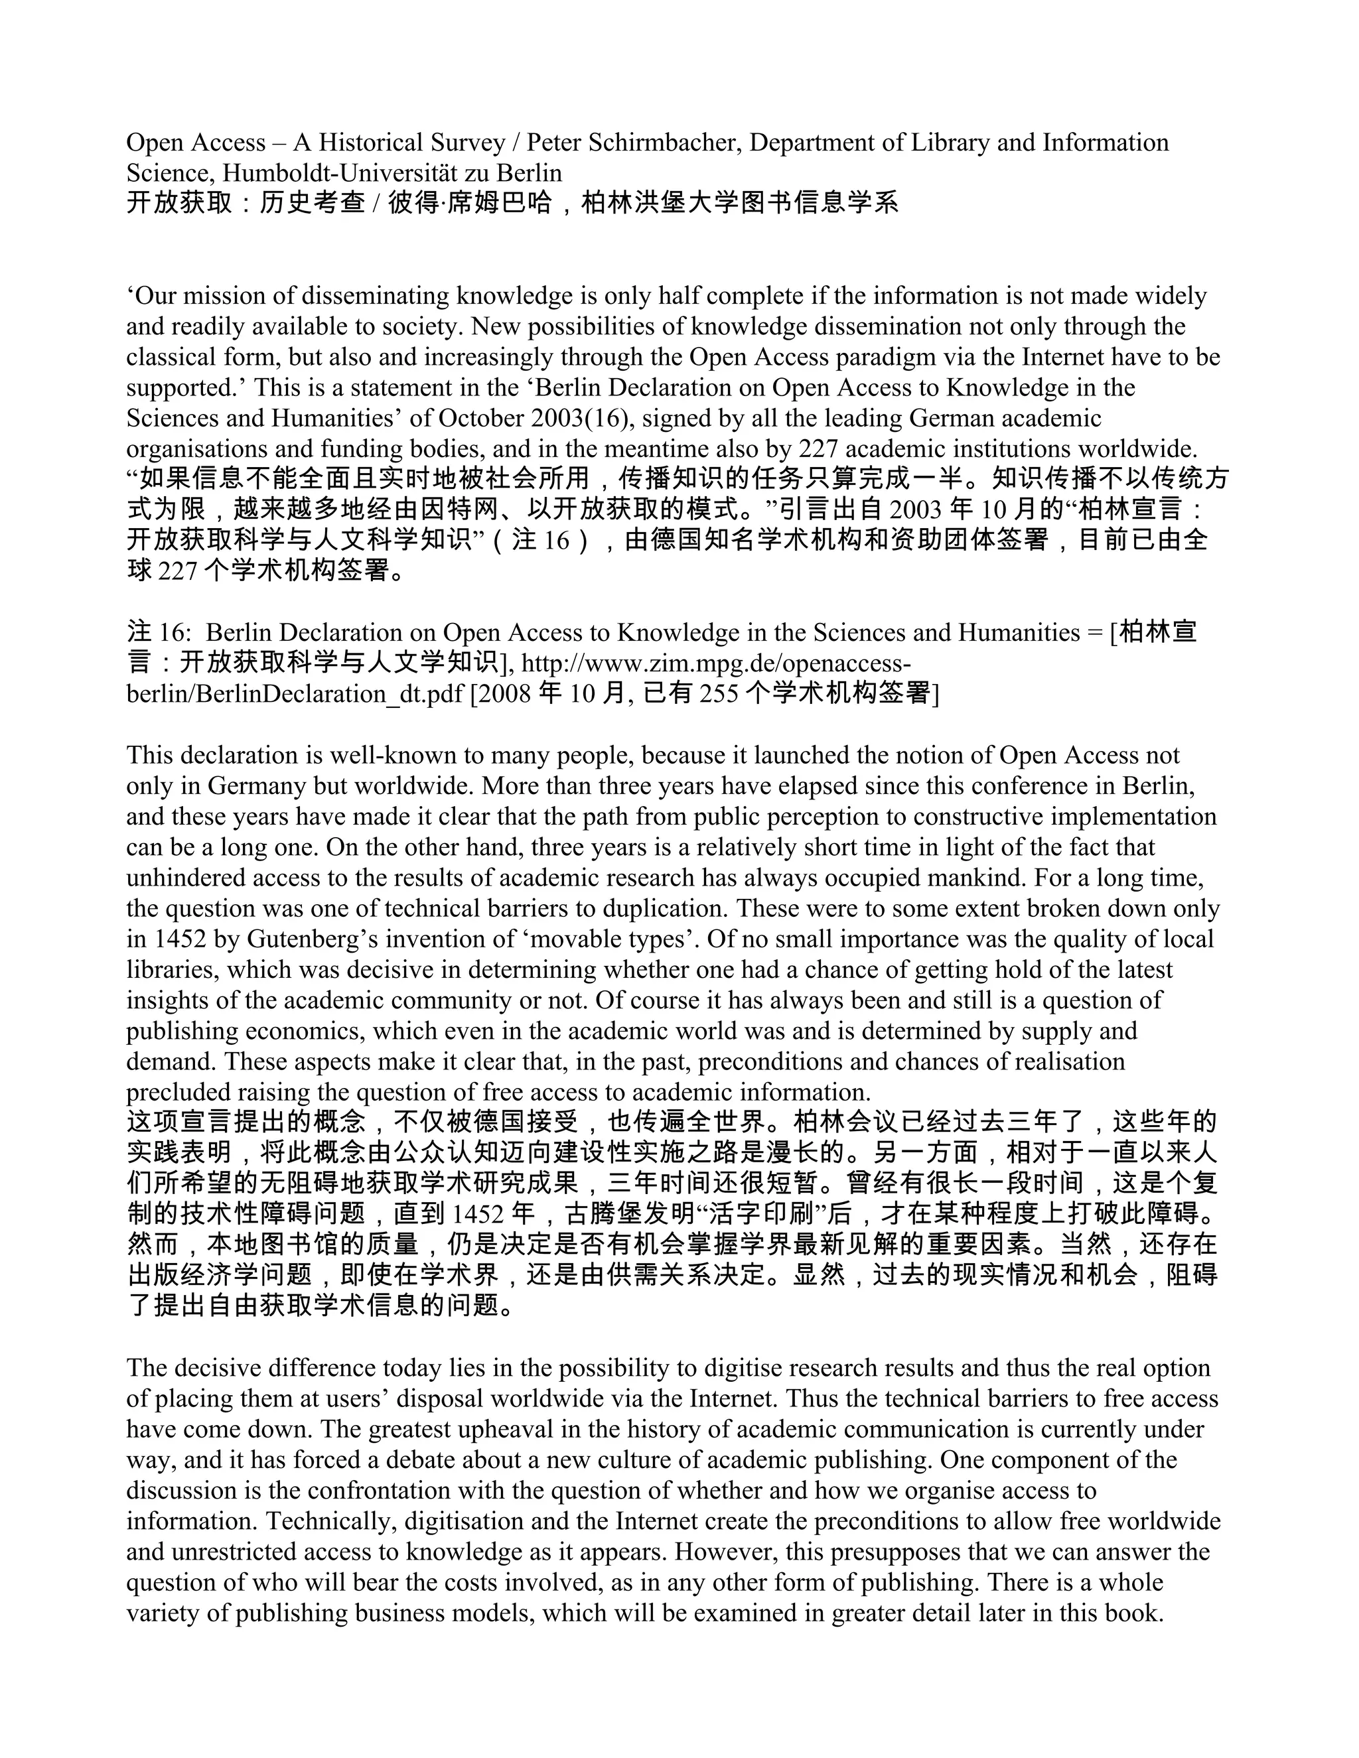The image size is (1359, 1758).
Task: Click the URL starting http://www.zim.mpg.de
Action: point(717,663)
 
